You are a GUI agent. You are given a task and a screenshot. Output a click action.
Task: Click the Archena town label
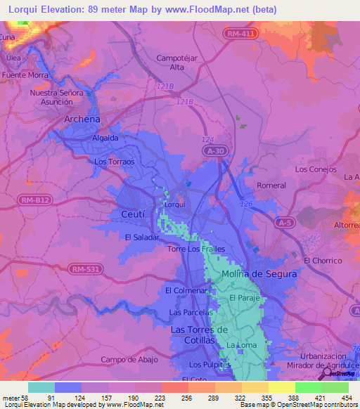pyautogui.click(x=82, y=119)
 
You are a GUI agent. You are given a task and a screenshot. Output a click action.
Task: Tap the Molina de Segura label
pyautogui.click(x=259, y=274)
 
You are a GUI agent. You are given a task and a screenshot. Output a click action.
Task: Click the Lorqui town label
pyautogui.click(x=174, y=204)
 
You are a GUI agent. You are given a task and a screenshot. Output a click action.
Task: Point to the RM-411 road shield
pyautogui.click(x=240, y=34)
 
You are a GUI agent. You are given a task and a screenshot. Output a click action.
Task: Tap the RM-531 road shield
pyautogui.click(x=88, y=268)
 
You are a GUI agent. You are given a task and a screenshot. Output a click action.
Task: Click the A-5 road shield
pyautogui.click(x=284, y=223)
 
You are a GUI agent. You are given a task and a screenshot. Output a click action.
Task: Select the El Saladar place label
pyautogui.click(x=142, y=238)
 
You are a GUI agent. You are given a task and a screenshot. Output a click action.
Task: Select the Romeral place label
pyautogui.click(x=271, y=186)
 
